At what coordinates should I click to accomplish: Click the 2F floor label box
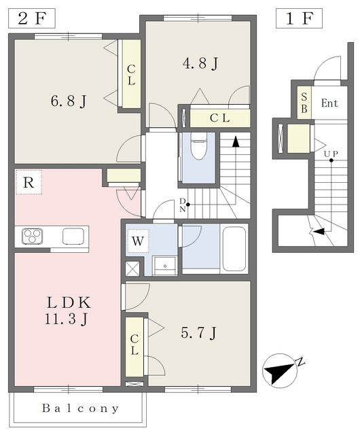click(32, 18)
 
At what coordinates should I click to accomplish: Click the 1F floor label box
click(299, 18)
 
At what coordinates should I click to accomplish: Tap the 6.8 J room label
click(69, 101)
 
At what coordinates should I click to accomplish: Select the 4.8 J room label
click(200, 63)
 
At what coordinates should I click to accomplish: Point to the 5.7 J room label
click(198, 332)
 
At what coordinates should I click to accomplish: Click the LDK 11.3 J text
click(67, 311)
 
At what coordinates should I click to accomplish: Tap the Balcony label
click(80, 408)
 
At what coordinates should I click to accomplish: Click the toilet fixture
click(198, 146)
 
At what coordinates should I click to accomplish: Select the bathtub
click(234, 249)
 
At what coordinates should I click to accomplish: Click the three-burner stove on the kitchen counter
click(32, 236)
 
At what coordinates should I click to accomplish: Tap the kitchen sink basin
click(73, 236)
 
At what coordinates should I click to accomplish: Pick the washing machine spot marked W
click(138, 241)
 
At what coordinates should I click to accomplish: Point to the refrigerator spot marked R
click(29, 182)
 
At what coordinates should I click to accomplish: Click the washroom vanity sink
click(165, 266)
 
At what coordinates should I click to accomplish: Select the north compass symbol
click(281, 370)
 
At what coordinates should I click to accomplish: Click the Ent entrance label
click(329, 103)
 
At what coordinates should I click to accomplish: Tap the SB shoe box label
click(304, 103)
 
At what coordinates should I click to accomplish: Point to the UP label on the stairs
click(331, 154)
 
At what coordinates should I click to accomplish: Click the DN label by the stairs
click(182, 205)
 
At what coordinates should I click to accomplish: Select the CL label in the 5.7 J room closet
click(134, 345)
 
